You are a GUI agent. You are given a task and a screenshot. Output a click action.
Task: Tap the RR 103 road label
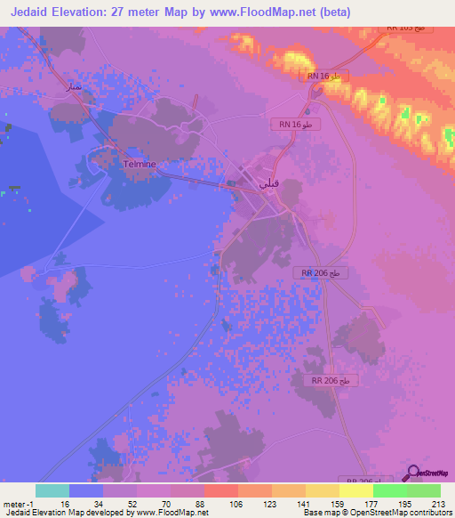[x=407, y=28]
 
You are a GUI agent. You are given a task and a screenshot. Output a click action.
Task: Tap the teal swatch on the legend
[x=52, y=490]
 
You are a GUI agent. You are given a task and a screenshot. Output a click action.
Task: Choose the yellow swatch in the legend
[x=355, y=490]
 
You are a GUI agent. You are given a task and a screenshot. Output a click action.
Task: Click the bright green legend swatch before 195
[x=389, y=490]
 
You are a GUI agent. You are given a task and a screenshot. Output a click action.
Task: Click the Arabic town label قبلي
[x=267, y=182]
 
